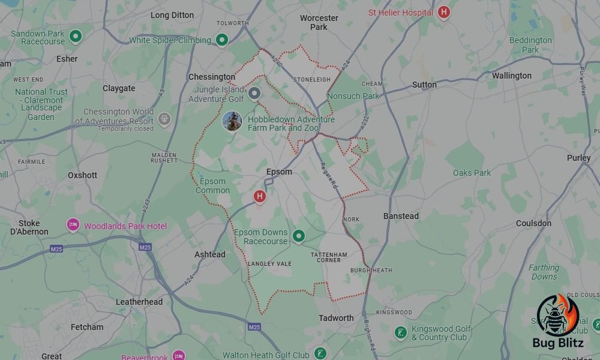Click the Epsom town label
coord(279,172)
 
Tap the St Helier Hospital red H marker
coord(443,12)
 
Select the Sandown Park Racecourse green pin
coord(76,37)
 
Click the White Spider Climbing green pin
coord(222,40)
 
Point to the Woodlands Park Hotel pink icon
coord(73,226)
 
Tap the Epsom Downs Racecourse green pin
coord(298,236)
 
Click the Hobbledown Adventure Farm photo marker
coord(232,121)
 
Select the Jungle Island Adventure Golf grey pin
coord(254,93)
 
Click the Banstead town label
coord(401,215)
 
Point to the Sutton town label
coord(424,85)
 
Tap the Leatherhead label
coord(139,302)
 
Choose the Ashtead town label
coord(210,254)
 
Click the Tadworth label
coord(336,317)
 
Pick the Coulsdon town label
coord(533,223)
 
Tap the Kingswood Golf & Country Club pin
coord(401,332)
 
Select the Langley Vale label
coord(269,263)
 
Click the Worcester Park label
coord(319,22)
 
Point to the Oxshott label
coord(82,175)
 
